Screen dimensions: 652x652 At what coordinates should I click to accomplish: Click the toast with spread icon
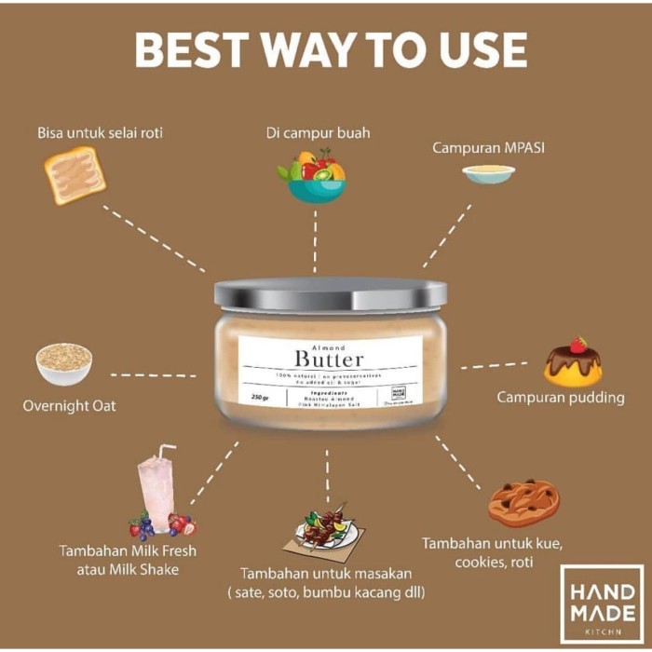(x=75, y=175)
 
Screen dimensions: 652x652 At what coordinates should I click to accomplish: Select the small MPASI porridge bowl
(x=488, y=174)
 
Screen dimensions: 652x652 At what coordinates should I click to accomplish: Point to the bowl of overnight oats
(x=63, y=363)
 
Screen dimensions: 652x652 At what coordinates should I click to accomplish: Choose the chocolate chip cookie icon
(x=523, y=503)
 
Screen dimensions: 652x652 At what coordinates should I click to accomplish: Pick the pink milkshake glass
(x=159, y=494)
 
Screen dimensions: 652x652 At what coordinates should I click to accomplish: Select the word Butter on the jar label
(x=329, y=359)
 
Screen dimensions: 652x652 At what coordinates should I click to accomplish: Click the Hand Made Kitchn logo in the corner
(x=601, y=603)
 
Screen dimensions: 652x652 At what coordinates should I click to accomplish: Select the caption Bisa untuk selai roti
(x=100, y=133)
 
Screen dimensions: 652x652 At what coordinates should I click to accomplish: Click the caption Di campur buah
(x=317, y=133)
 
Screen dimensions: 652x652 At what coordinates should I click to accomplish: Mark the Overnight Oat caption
(x=70, y=406)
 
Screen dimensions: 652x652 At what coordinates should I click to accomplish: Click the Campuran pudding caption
(x=560, y=398)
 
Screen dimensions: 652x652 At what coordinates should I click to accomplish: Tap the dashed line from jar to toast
(x=154, y=238)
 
